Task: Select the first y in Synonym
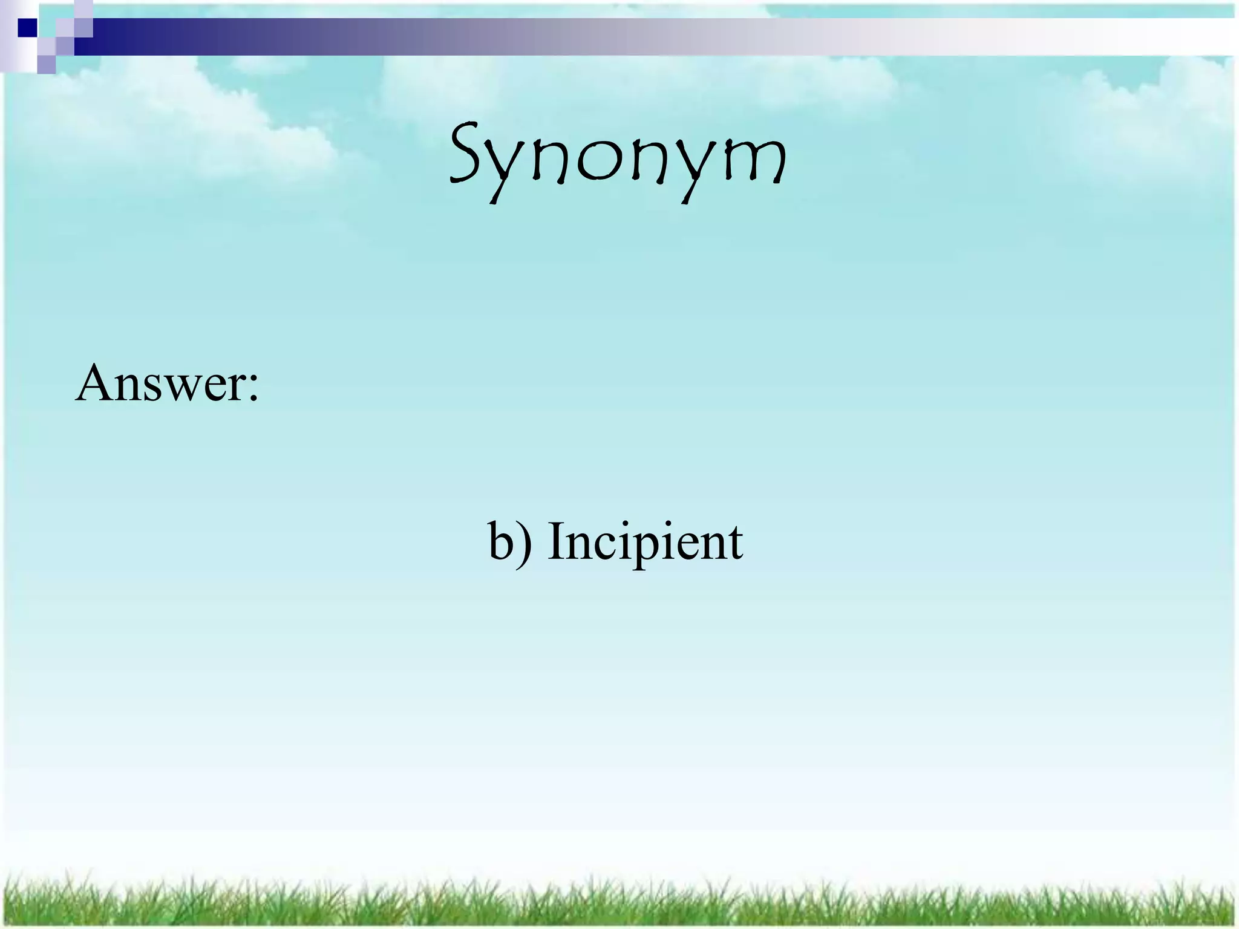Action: [x=511, y=169]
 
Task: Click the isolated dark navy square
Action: [x=27, y=28]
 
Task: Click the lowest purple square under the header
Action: [x=47, y=64]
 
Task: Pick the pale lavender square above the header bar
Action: [x=83, y=9]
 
